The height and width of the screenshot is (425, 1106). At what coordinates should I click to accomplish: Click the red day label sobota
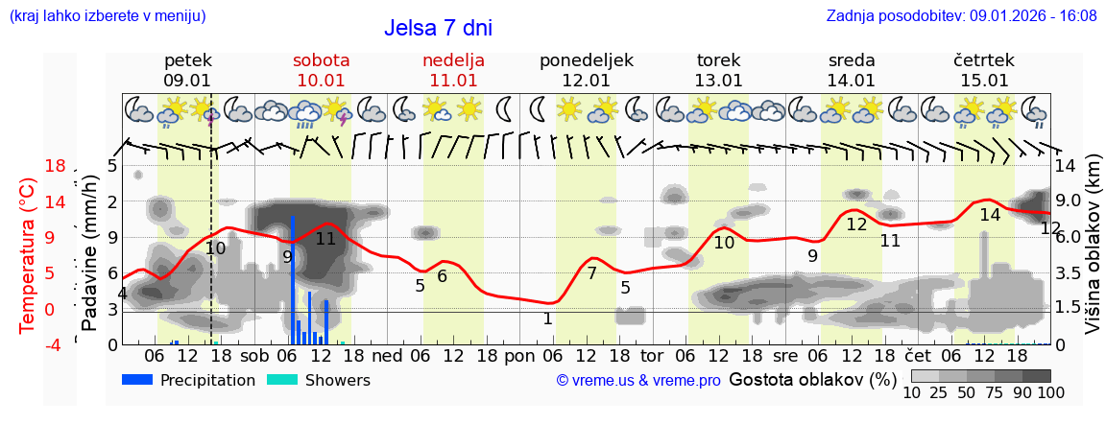tap(321, 60)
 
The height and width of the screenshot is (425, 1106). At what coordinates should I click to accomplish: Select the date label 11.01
tap(453, 81)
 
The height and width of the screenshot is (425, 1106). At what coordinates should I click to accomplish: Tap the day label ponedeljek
tap(586, 60)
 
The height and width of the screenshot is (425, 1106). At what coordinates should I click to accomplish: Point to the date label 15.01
tap(984, 81)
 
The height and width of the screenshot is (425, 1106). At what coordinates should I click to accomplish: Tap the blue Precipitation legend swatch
tap(137, 380)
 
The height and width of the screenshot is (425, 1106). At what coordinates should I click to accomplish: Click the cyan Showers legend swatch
tap(281, 380)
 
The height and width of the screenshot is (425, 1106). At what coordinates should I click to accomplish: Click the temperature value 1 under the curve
tap(547, 319)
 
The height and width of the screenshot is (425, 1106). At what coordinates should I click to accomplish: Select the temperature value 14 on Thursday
tap(990, 215)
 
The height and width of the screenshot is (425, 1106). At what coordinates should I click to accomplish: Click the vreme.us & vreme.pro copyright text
tap(638, 381)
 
